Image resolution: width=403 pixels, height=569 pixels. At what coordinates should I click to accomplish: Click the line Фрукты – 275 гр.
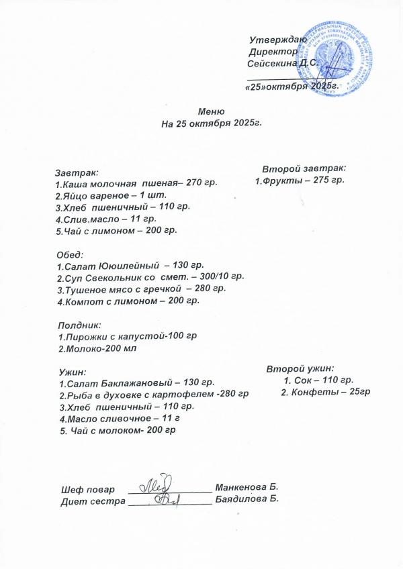pyautogui.click(x=300, y=181)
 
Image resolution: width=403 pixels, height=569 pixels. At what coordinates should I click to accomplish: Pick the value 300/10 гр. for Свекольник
pyautogui.click(x=225, y=277)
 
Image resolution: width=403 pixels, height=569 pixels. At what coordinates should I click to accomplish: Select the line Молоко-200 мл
pyautogui.click(x=100, y=348)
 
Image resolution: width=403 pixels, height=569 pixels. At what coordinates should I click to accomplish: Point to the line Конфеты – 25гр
pyautogui.click(x=326, y=392)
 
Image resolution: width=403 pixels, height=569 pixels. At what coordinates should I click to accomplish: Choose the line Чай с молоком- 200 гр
pyautogui.click(x=118, y=430)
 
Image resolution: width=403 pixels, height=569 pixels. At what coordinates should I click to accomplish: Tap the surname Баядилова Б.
pyautogui.click(x=246, y=499)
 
